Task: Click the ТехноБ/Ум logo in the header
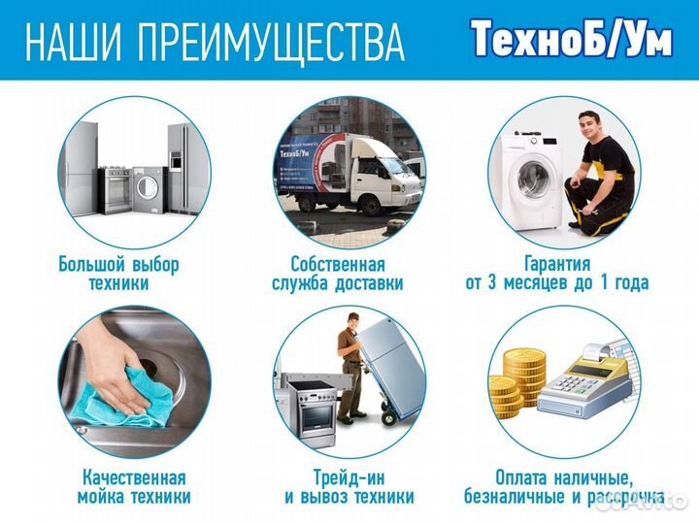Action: click(571, 39)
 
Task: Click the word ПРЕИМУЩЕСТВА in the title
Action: click(271, 42)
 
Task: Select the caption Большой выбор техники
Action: click(118, 274)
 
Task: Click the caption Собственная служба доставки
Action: click(337, 274)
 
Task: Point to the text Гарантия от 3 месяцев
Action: click(556, 274)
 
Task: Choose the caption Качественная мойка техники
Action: click(133, 487)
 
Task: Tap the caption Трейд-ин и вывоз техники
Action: click(349, 487)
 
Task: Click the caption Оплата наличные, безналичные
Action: click(562, 487)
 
